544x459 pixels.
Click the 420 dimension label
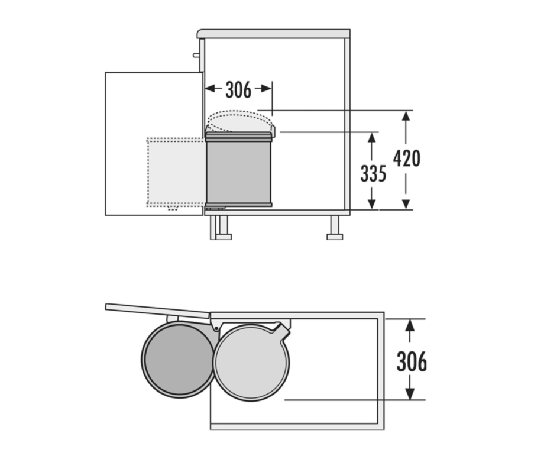[407, 159]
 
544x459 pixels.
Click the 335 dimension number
[373, 173]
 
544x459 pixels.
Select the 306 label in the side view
[238, 90]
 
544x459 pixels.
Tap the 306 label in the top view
[412, 361]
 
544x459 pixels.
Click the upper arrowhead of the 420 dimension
[406, 115]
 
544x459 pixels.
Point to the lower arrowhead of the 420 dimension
[406, 204]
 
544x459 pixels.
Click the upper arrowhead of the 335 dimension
[372, 137]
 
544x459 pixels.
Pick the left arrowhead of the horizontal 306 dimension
[210, 89]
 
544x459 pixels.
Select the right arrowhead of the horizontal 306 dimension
[267, 89]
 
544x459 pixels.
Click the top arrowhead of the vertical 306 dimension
[410, 325]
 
